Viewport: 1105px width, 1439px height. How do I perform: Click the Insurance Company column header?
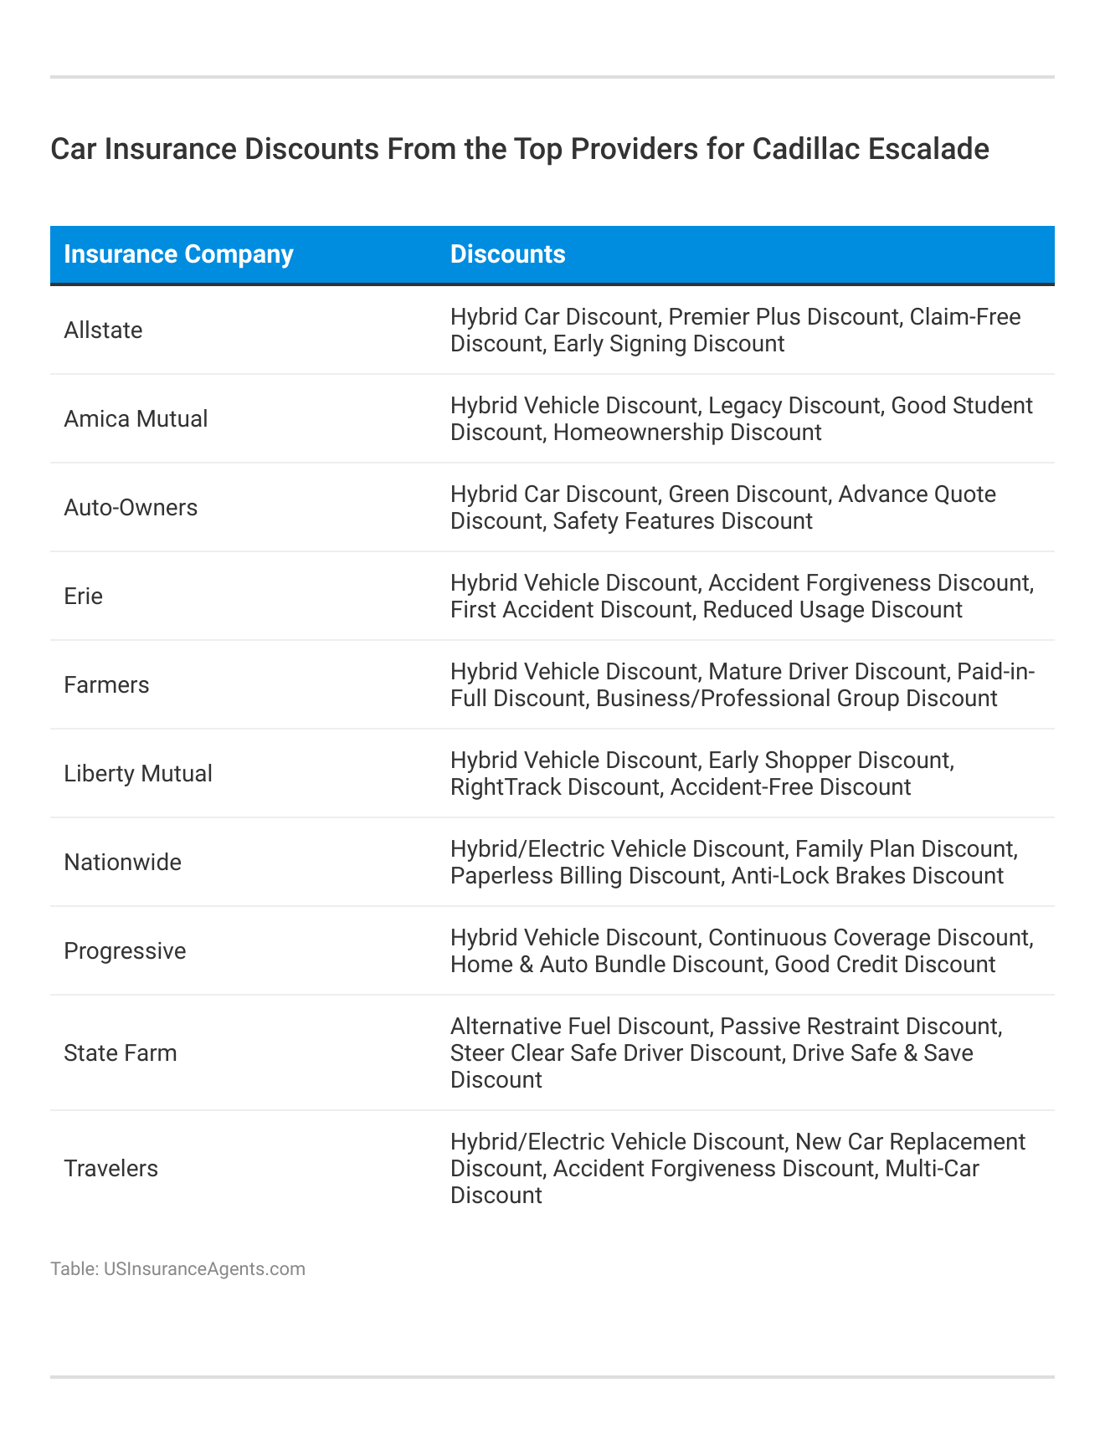click(178, 254)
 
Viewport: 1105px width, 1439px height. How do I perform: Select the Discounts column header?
click(507, 254)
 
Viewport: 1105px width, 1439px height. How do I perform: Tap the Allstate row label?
click(103, 330)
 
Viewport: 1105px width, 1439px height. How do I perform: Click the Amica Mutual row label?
click(136, 419)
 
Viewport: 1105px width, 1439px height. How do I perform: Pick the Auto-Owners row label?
click(131, 508)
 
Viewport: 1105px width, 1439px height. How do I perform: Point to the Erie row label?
click(83, 597)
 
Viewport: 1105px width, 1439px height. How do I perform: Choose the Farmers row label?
click(106, 685)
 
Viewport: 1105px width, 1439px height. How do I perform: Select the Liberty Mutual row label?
click(138, 774)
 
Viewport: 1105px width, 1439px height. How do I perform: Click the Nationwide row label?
click(122, 863)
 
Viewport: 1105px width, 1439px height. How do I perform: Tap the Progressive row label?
click(125, 951)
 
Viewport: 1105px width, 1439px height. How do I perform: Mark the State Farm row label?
click(121, 1053)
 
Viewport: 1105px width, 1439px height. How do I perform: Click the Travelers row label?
click(110, 1169)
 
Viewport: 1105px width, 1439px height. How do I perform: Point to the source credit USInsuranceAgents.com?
click(204, 1269)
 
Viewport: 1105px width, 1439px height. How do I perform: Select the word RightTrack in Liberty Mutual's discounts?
click(506, 787)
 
